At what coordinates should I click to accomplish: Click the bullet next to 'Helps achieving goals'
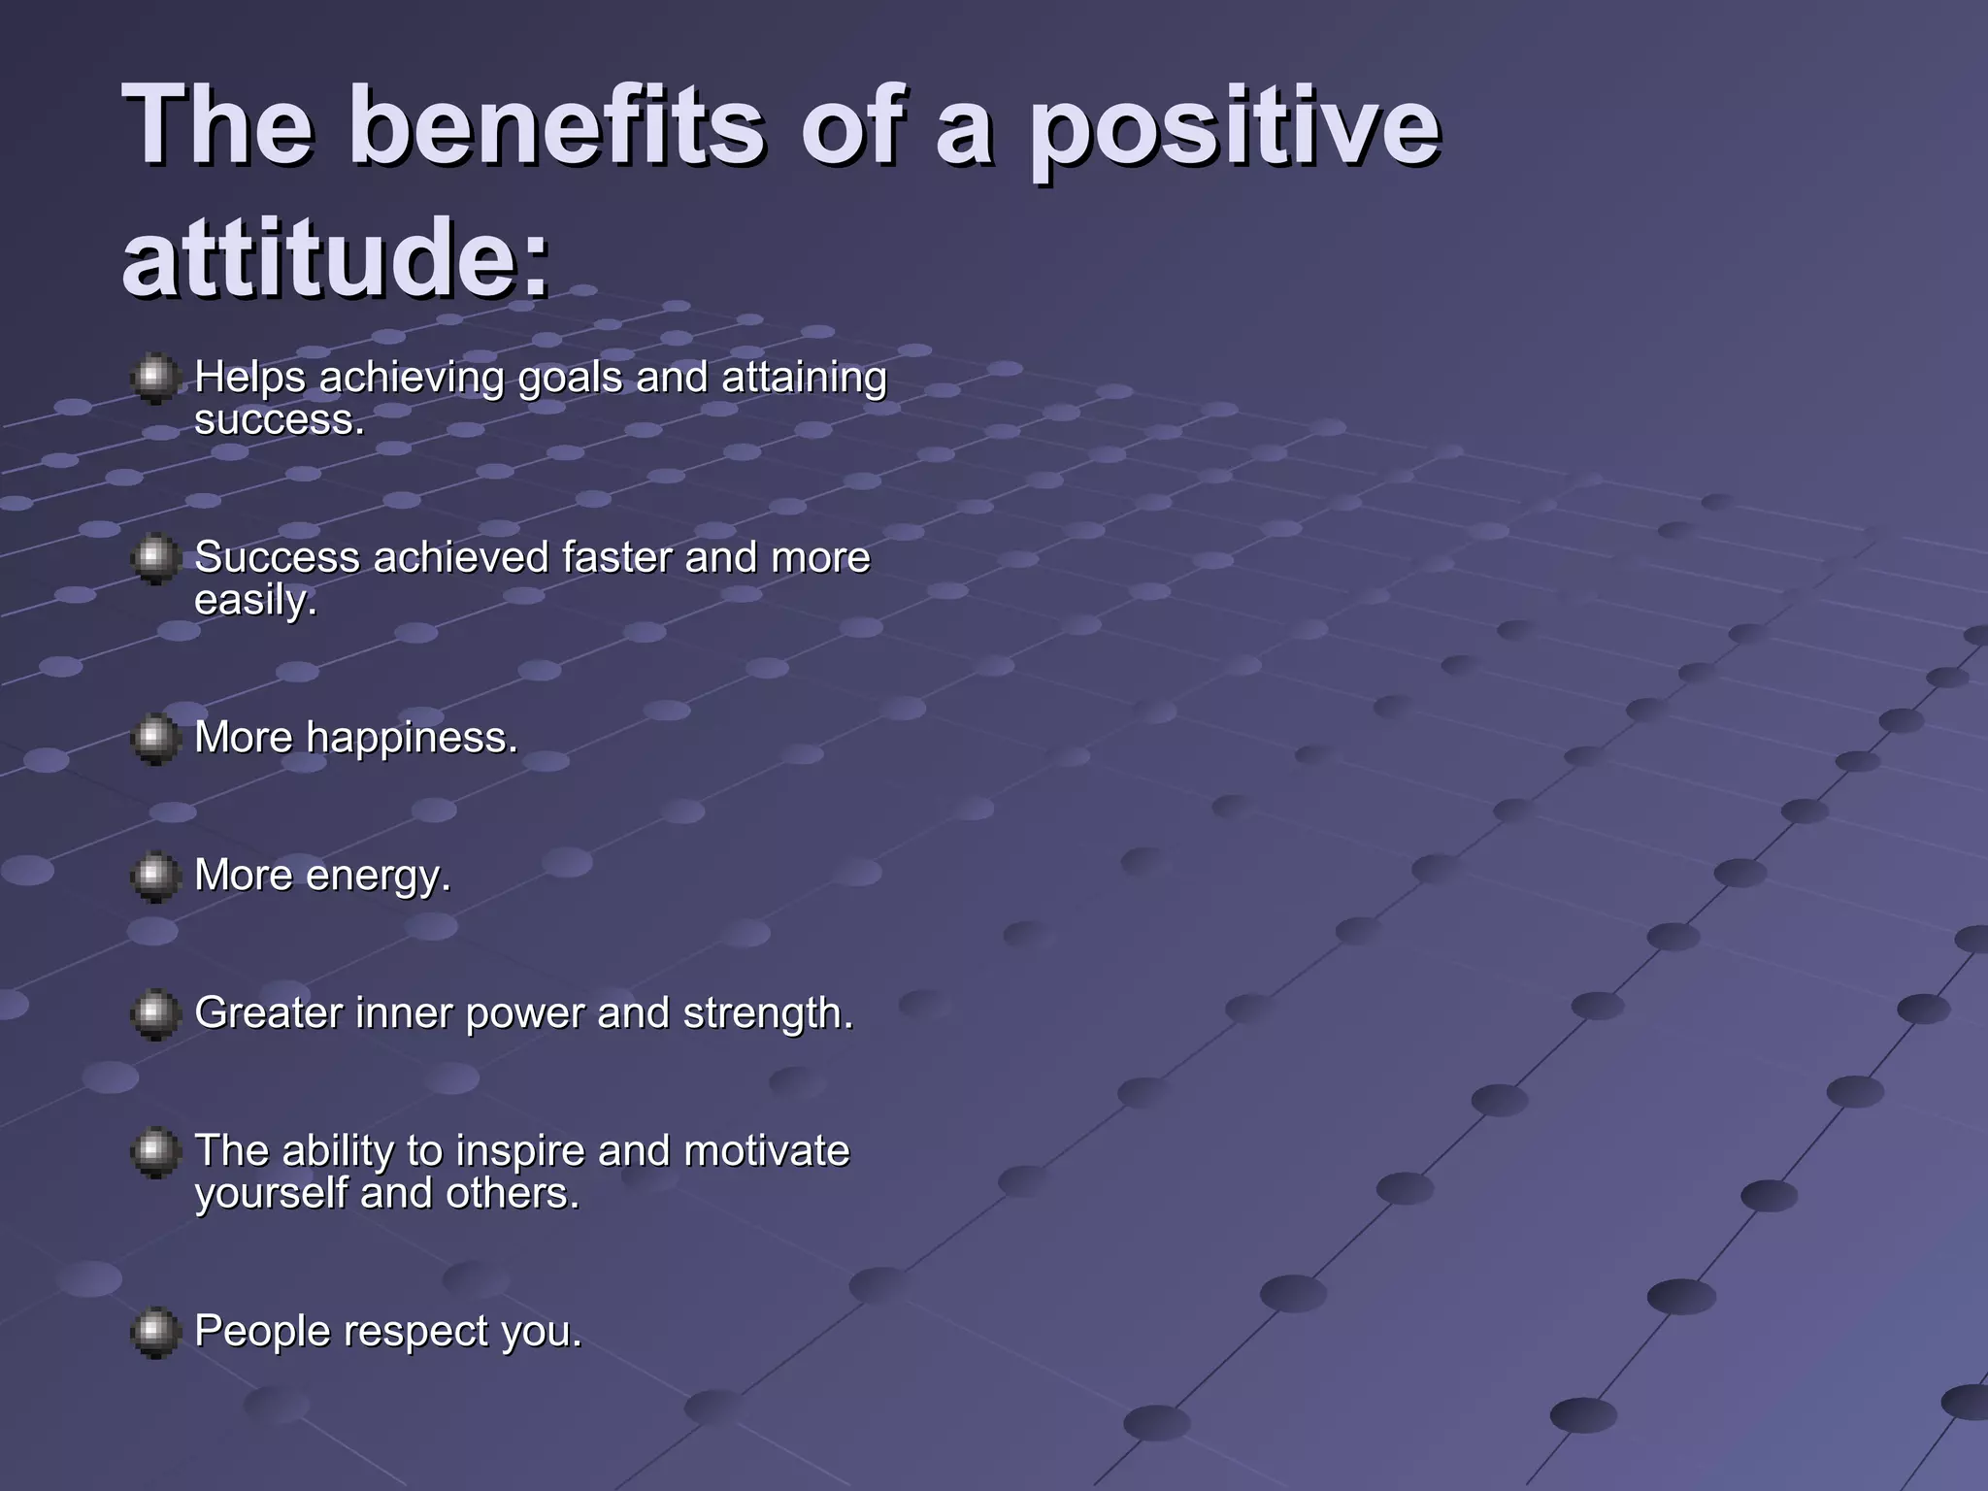click(x=154, y=379)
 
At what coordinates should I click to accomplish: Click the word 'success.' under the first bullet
click(x=280, y=420)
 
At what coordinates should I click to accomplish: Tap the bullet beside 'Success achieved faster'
click(x=154, y=558)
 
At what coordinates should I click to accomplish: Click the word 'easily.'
click(x=255, y=600)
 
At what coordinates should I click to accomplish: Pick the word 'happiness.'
click(x=412, y=738)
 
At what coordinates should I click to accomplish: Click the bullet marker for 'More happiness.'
click(x=154, y=740)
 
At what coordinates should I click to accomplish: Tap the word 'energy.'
click(x=378, y=877)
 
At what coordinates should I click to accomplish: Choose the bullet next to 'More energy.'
click(x=154, y=878)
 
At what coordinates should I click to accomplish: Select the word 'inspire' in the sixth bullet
click(x=520, y=1152)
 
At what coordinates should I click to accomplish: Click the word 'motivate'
click(x=766, y=1151)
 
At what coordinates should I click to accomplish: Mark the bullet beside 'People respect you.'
click(x=154, y=1332)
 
